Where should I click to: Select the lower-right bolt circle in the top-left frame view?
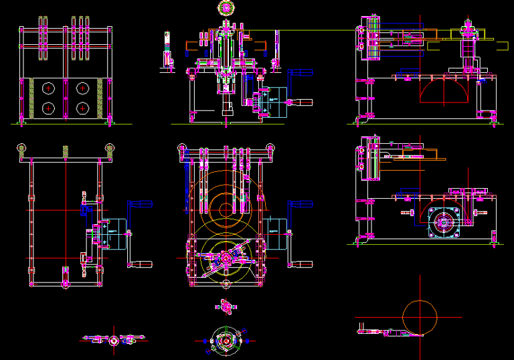click(x=83, y=108)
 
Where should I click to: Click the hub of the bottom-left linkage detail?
click(x=113, y=340)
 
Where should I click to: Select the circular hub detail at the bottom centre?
click(x=226, y=341)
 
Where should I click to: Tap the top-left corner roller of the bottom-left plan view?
click(x=22, y=148)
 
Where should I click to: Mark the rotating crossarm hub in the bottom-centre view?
click(x=226, y=258)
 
